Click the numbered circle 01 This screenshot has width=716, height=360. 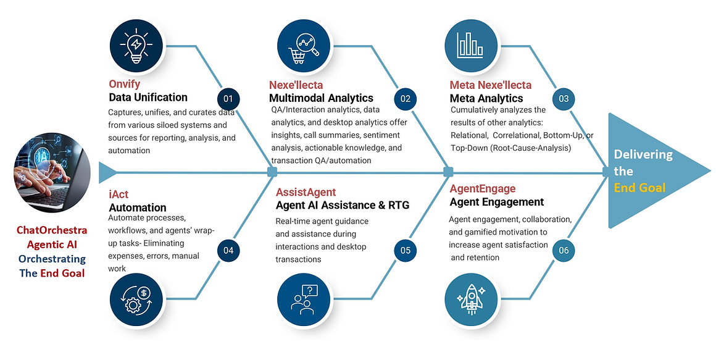pyautogui.click(x=228, y=99)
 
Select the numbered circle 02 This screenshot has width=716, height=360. pyautogui.click(x=406, y=99)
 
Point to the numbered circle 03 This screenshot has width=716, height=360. pyautogui.click(x=564, y=99)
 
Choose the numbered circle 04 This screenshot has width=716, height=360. pyautogui.click(x=228, y=250)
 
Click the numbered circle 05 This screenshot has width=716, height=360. pyautogui.click(x=406, y=250)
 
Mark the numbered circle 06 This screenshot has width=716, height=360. pyautogui.click(x=564, y=250)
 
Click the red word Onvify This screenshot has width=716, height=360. pyautogui.click(x=125, y=84)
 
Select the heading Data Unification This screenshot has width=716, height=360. pyautogui.click(x=148, y=97)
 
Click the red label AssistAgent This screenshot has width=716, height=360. pyautogui.click(x=306, y=192)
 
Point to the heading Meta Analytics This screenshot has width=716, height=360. pyautogui.click(x=486, y=98)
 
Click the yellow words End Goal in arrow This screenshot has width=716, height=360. pyautogui.click(x=639, y=187)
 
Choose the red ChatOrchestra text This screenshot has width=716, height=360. pyautogui.click(x=52, y=230)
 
